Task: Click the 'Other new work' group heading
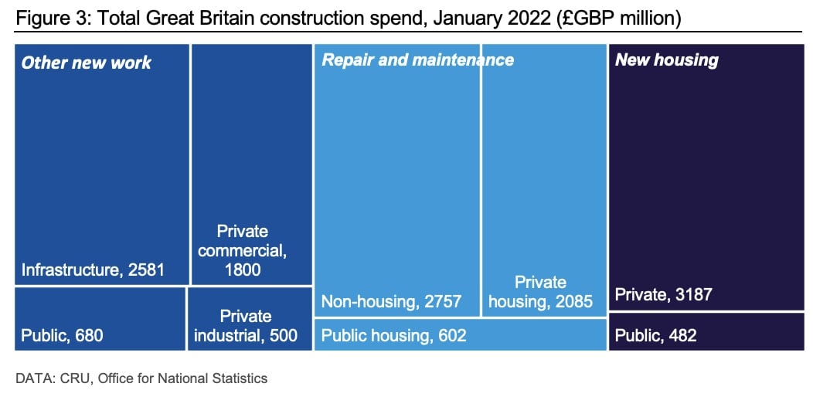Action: tap(87, 63)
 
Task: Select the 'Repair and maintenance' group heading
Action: tap(417, 60)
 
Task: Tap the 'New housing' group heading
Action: tap(666, 60)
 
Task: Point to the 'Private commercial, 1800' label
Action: tap(243, 250)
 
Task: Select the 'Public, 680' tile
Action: tap(100, 319)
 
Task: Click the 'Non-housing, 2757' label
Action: tap(391, 301)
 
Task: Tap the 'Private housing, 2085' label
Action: tap(540, 292)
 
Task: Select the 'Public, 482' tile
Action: tap(706, 331)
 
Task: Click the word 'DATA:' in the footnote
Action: tap(35, 378)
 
